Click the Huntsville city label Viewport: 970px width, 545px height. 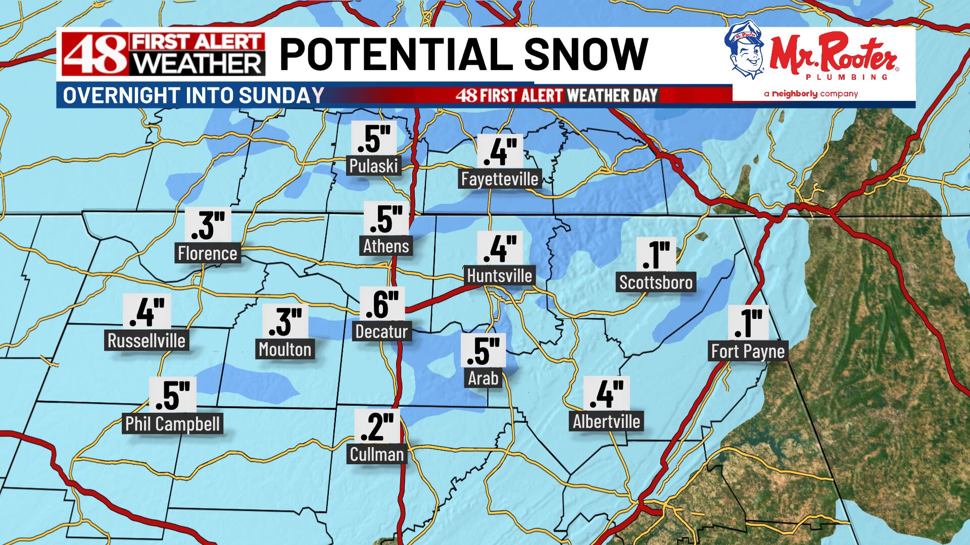pos(499,276)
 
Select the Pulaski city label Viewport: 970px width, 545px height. pos(374,166)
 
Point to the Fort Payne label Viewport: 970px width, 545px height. pos(748,351)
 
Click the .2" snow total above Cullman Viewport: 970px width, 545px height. pos(377,427)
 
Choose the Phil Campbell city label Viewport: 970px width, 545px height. pos(172,424)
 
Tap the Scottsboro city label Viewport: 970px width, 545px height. pos(656,282)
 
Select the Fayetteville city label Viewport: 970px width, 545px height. pos(500,179)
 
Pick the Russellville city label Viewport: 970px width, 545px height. pos(147,341)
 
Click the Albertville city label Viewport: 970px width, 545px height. pos(606,421)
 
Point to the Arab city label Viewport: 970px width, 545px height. pos(483,378)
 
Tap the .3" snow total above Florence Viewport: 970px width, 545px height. pos(208,225)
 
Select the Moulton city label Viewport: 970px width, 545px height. pos(285,349)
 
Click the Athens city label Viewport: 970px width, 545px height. pos(386,246)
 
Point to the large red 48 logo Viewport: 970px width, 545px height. pos(95,54)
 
